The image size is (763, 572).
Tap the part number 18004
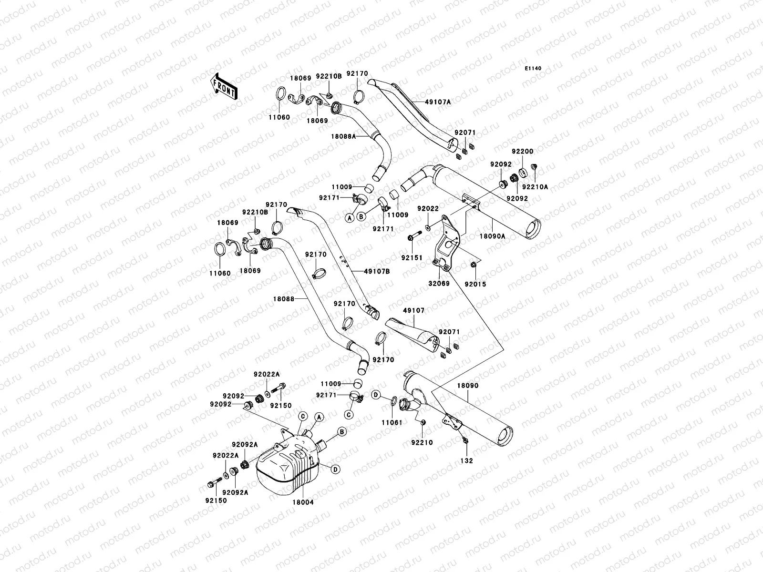click(304, 502)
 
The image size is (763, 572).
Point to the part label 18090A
click(492, 235)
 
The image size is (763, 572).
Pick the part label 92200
click(523, 152)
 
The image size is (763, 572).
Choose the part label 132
click(467, 460)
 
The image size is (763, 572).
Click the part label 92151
click(411, 257)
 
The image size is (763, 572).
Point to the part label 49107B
click(377, 271)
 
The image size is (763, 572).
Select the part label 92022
click(428, 208)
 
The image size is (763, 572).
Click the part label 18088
click(283, 299)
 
